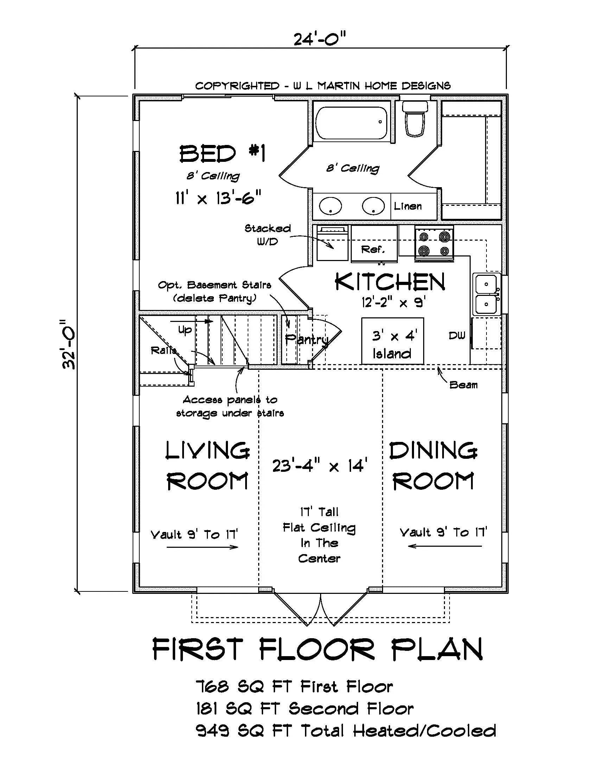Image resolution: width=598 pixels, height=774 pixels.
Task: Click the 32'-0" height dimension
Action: pyautogui.click(x=69, y=344)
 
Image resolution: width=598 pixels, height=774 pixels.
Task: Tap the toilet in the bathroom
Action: pyautogui.click(x=415, y=119)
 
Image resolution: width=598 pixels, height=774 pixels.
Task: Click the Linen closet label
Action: pyautogui.click(x=408, y=206)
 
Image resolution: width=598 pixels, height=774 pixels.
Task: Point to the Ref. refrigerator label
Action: pyautogui.click(x=373, y=249)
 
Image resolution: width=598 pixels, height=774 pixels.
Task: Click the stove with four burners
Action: pyautogui.click(x=434, y=244)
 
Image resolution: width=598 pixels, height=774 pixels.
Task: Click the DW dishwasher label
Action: pyautogui.click(x=457, y=336)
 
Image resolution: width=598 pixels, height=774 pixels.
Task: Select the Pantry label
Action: pyautogui.click(x=307, y=340)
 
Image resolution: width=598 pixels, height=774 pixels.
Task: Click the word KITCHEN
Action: pyautogui.click(x=390, y=283)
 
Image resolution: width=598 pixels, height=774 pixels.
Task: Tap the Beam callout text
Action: pyautogui.click(x=463, y=385)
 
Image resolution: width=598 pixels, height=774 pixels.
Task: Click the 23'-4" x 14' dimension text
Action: pyautogui.click(x=319, y=465)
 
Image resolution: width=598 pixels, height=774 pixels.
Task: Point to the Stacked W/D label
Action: pyautogui.click(x=268, y=235)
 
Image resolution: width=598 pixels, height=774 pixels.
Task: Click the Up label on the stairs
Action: pyautogui.click(x=185, y=330)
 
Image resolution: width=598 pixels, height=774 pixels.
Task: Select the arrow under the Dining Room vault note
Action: pyautogui.click(x=445, y=546)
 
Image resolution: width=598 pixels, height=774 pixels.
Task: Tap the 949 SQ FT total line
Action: pyautogui.click(x=345, y=731)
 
